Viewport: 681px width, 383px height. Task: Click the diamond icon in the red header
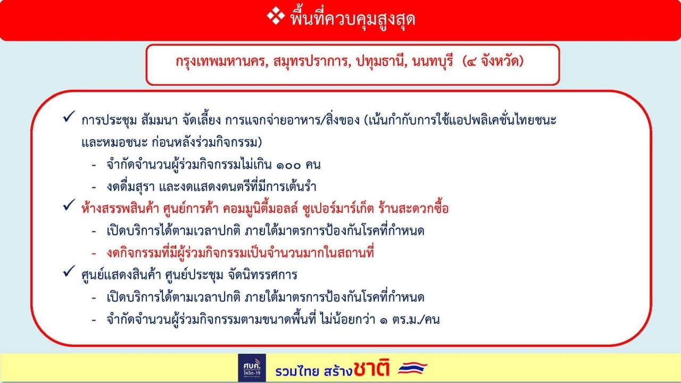276,16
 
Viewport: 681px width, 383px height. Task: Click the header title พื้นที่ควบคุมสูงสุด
353,18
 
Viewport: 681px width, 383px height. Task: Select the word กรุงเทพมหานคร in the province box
222,61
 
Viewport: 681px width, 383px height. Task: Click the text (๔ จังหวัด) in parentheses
493,61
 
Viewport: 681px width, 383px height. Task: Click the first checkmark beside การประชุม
69,116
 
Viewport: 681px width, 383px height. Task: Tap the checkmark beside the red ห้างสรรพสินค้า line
69,205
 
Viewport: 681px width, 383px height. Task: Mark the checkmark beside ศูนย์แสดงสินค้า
69,271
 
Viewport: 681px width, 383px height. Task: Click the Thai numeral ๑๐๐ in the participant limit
288,165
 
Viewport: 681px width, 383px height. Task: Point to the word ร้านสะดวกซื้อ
413,209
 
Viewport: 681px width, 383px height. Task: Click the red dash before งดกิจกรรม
94,253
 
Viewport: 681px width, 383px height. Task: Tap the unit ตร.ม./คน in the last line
416,320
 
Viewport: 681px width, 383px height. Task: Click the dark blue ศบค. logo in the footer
252,368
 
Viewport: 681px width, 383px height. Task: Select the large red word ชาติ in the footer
371,368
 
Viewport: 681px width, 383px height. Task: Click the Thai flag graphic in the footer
412,368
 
